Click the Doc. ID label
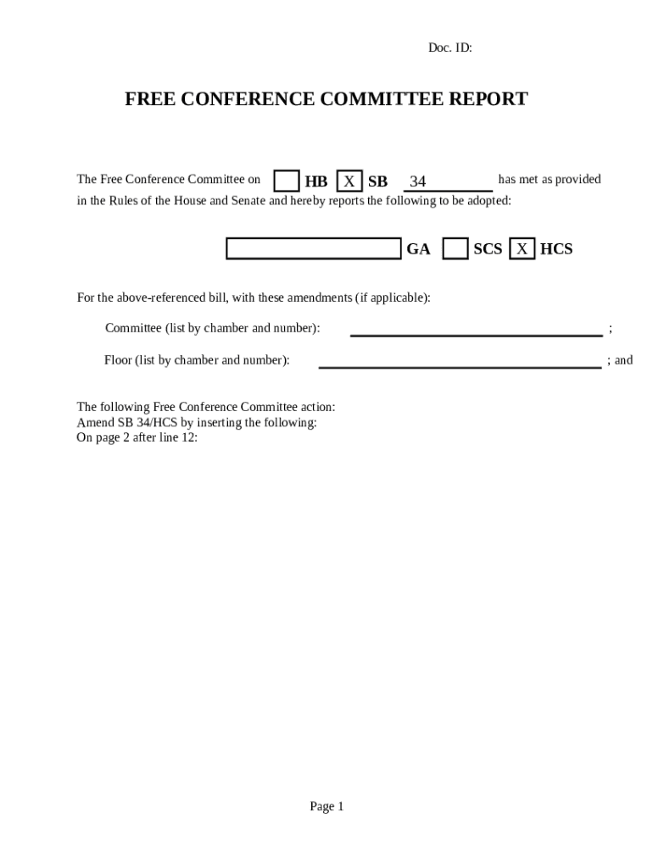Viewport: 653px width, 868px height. coord(449,48)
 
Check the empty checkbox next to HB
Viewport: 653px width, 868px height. coord(287,181)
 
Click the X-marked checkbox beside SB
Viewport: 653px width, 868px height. coord(349,181)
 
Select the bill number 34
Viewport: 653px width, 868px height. coord(417,181)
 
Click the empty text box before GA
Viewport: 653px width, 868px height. coord(313,248)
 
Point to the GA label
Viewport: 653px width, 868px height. coord(418,249)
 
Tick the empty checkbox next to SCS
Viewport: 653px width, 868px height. coord(455,248)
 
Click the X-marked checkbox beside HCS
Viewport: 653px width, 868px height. coord(522,248)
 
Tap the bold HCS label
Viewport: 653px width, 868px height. coord(556,249)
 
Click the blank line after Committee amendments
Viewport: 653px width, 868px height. coord(476,330)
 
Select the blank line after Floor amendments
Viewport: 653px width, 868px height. coord(460,362)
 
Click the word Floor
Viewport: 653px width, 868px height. coord(118,360)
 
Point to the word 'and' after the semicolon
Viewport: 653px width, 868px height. coord(623,360)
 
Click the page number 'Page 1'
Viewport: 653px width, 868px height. coord(326,806)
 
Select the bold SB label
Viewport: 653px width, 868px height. coord(377,181)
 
